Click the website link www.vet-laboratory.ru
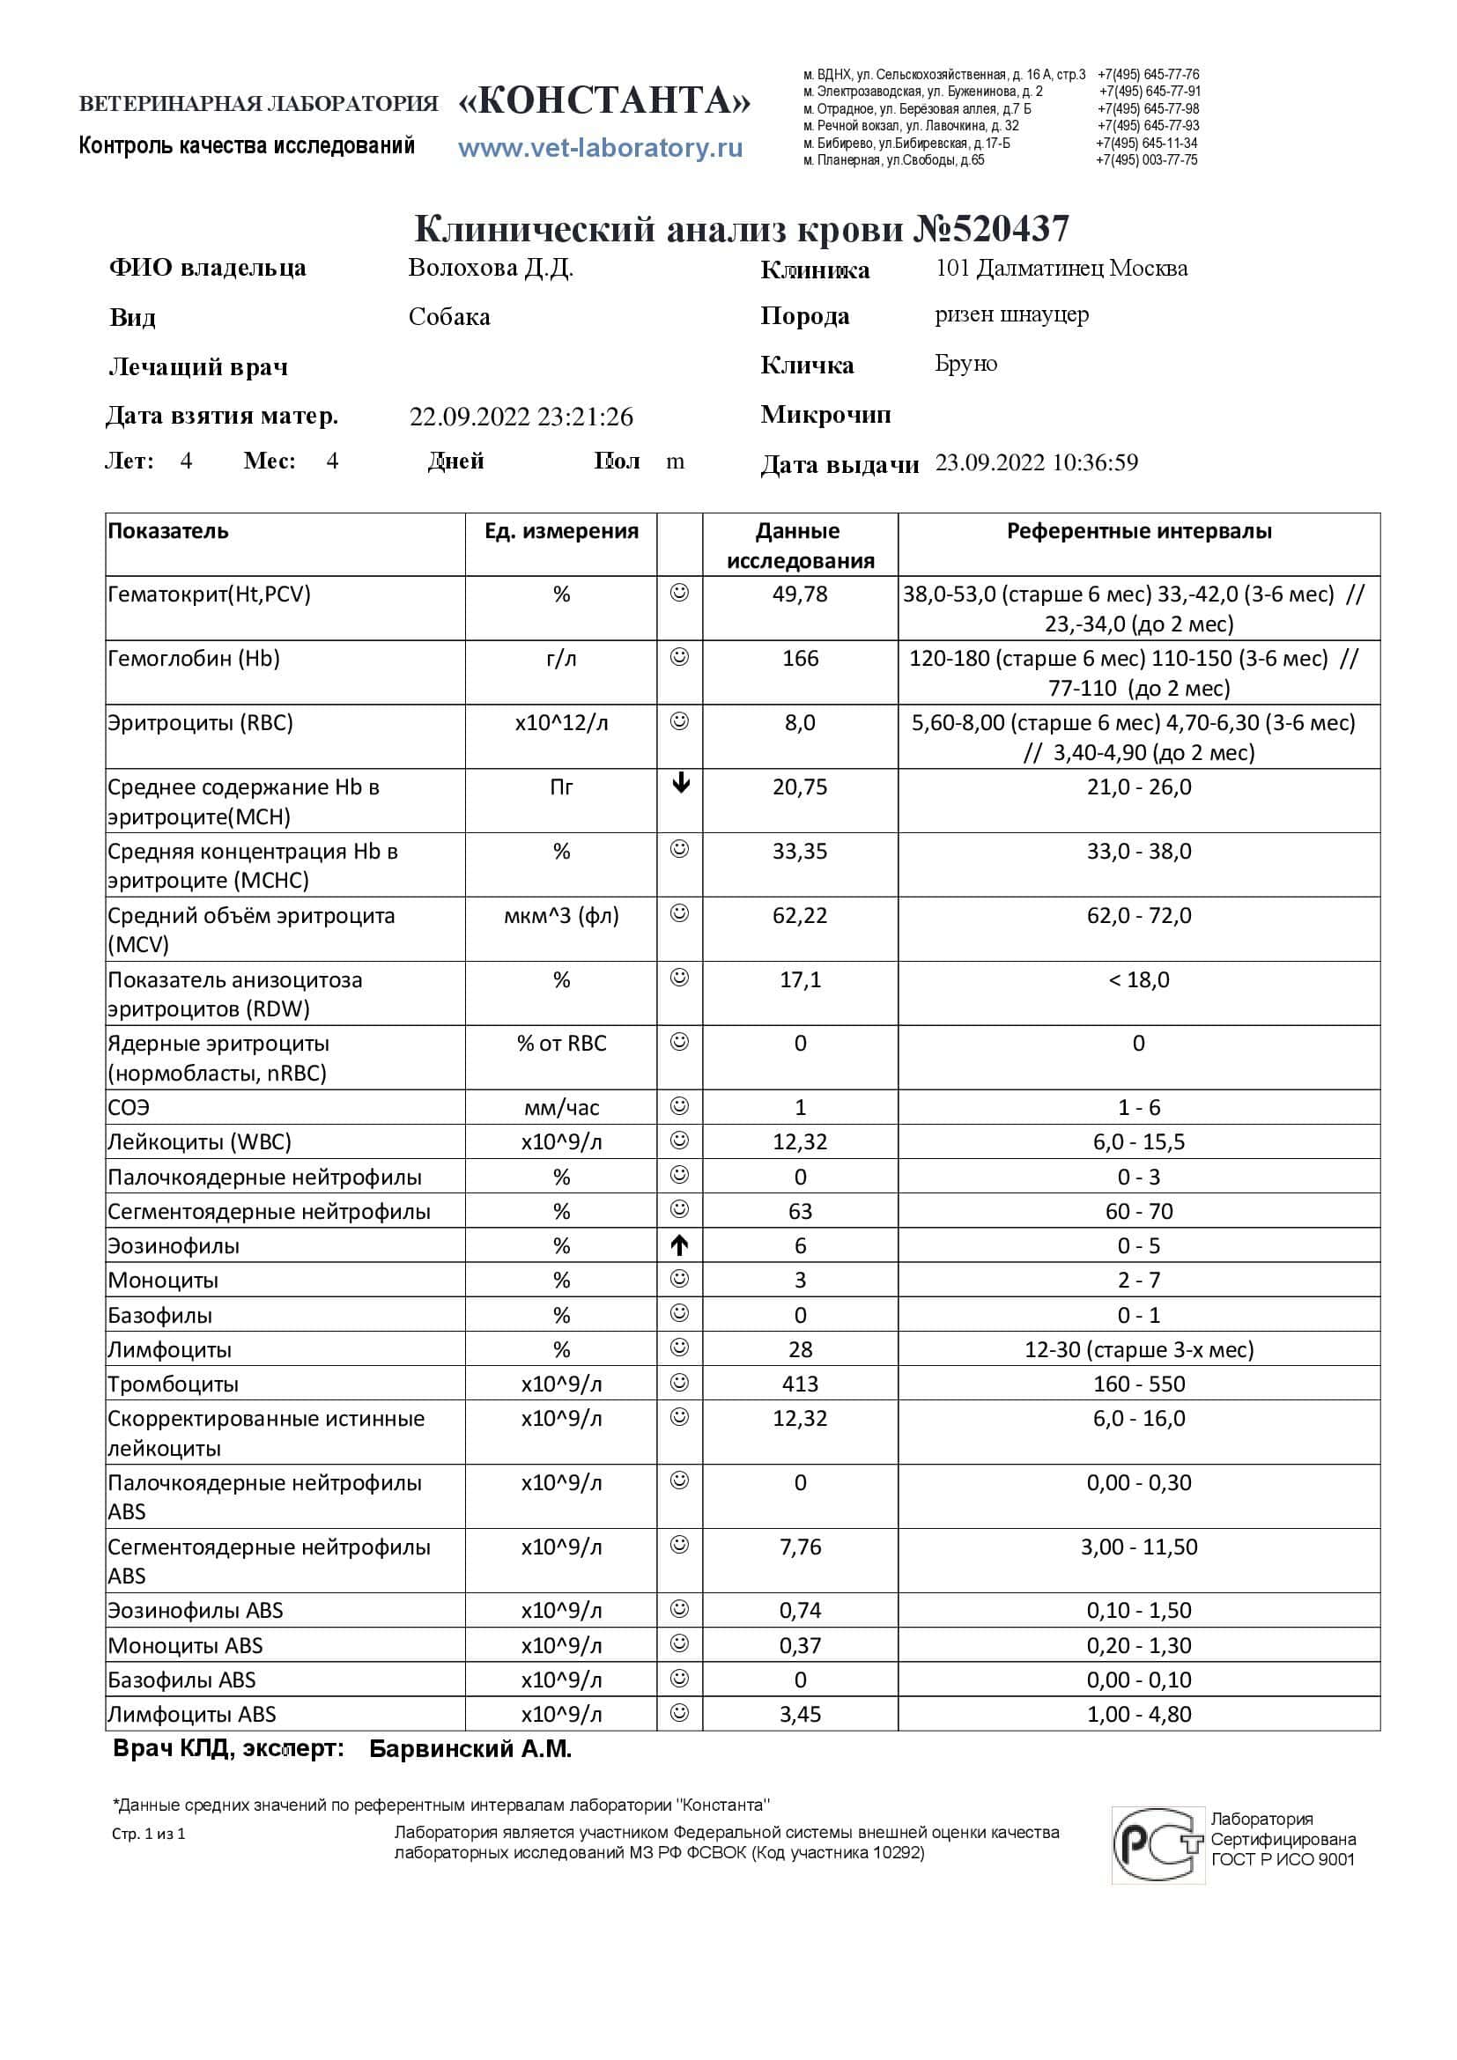click(x=600, y=147)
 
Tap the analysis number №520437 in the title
click(x=990, y=229)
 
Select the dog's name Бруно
click(x=965, y=364)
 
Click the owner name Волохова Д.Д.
click(x=490, y=268)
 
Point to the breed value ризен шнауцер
click(x=1011, y=315)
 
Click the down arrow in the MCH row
click(x=680, y=784)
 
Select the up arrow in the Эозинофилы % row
click(x=680, y=1245)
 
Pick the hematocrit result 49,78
click(x=799, y=594)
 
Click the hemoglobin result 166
click(x=799, y=659)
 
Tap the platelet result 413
click(x=799, y=1384)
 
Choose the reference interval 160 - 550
click(x=1138, y=1384)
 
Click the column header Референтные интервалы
click(x=1138, y=531)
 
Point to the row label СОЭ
click(x=129, y=1107)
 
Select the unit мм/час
click(x=561, y=1107)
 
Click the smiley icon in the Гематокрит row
click(x=680, y=592)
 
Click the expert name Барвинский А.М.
click(x=470, y=1750)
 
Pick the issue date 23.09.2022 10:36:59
click(x=1036, y=463)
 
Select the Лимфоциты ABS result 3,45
click(x=799, y=1714)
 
